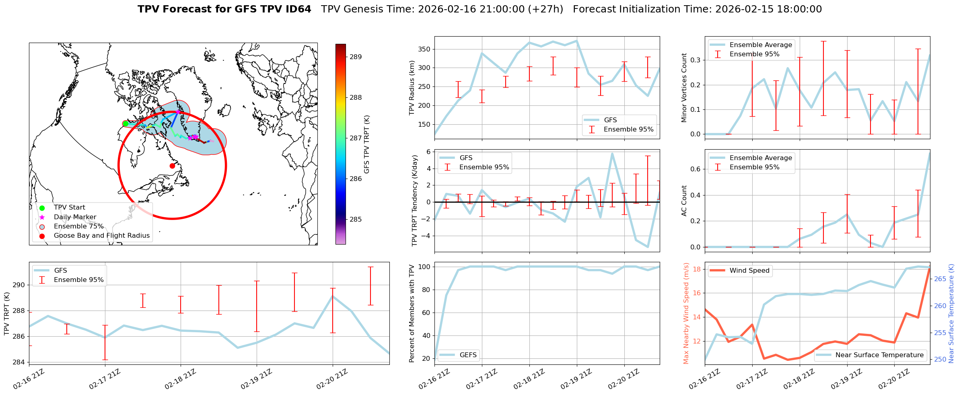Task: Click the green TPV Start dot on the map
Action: point(126,123)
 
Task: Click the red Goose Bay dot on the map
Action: point(172,166)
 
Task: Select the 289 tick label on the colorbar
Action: point(356,57)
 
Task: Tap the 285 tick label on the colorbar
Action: point(356,220)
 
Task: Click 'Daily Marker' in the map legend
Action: point(75,217)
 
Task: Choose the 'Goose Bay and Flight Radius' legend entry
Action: point(101,236)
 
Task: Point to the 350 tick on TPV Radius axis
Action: point(424,49)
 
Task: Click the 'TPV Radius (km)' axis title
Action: point(412,88)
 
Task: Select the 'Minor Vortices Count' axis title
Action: point(684,88)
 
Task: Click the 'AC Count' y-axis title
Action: point(684,201)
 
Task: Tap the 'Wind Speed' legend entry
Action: point(749,271)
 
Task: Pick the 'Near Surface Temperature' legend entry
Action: point(879,355)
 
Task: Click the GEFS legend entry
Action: point(468,355)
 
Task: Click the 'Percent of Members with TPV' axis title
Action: point(412,313)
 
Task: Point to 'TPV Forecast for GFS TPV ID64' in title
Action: point(224,9)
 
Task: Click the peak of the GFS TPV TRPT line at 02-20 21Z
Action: point(333,296)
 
